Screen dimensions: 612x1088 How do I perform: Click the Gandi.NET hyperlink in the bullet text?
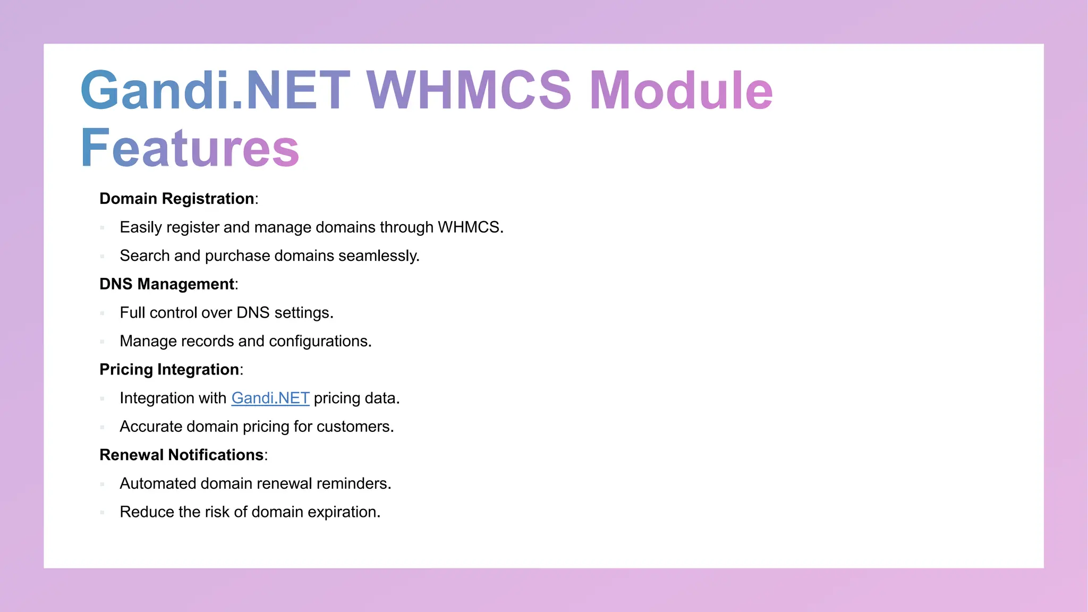point(270,398)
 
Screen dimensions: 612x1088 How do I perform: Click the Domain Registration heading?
point(177,199)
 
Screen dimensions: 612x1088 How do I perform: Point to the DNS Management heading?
point(167,284)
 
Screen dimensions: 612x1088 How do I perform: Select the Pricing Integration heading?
point(169,370)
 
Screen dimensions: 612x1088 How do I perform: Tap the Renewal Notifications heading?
point(182,455)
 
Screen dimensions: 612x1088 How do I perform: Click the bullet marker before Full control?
point(102,313)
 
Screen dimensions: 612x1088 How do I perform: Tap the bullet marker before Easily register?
point(102,228)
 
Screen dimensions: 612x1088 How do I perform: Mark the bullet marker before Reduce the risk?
point(102,513)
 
